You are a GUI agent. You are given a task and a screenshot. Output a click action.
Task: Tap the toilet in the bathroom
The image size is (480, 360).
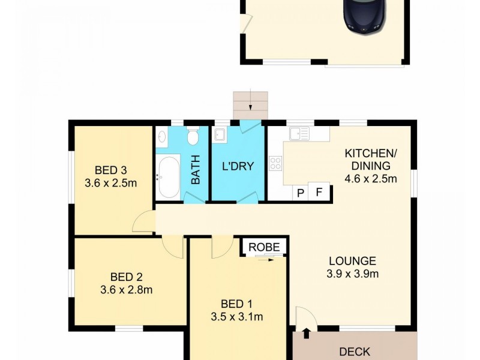[x=193, y=138]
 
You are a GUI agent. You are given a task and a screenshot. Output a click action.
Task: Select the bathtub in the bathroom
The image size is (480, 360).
[x=168, y=176]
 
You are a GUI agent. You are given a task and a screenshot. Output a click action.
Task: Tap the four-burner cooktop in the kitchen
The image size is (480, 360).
[x=275, y=163]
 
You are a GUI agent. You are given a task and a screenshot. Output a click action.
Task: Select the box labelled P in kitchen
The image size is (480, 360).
[x=300, y=193]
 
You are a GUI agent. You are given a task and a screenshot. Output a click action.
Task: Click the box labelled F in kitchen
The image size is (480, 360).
[x=319, y=193]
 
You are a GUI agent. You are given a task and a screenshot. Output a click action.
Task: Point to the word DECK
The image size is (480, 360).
[x=355, y=352]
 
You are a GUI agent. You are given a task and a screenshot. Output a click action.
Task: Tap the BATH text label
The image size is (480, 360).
[x=196, y=171]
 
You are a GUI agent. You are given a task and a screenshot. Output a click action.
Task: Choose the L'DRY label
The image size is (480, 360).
[x=238, y=166]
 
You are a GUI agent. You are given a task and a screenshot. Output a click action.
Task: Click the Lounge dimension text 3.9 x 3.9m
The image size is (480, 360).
[x=352, y=275]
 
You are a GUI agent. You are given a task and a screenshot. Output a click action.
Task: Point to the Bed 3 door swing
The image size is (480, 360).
[x=143, y=223]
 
